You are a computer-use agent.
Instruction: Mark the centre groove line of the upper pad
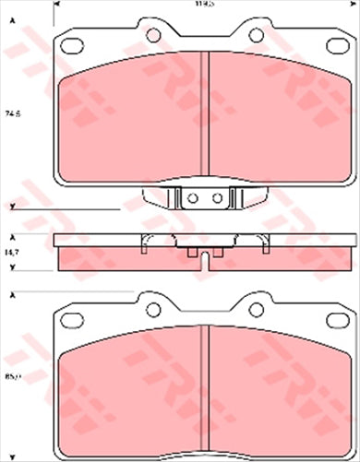202,111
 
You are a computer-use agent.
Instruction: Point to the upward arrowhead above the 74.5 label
13,21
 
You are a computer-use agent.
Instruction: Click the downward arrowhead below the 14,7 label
13,242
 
